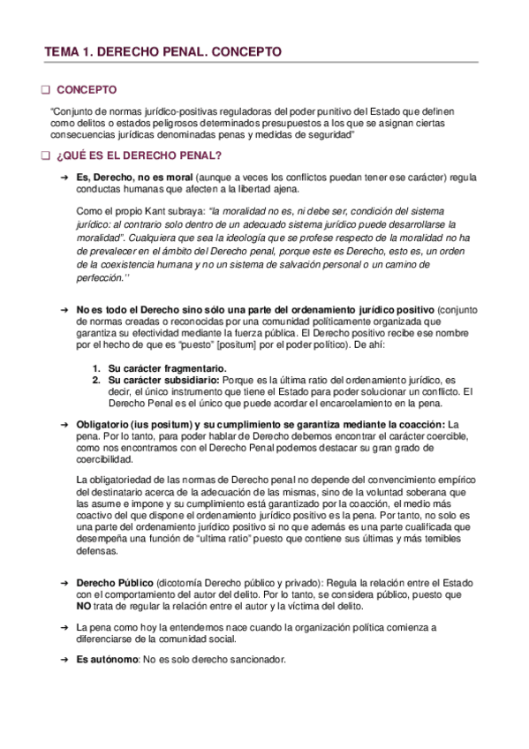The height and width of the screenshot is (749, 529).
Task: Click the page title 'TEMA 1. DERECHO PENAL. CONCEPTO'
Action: [163, 52]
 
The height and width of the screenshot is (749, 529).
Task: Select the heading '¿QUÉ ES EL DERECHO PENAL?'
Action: [138, 157]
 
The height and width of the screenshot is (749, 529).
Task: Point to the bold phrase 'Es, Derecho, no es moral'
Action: [129, 178]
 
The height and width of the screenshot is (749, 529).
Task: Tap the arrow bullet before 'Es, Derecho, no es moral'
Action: [64, 178]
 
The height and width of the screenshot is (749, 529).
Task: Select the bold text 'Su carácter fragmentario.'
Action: [155, 367]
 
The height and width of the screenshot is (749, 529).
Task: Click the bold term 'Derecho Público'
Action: [114, 585]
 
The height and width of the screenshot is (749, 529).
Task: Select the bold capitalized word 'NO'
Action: [84, 608]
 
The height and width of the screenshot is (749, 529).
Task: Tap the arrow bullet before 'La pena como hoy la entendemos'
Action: [64, 626]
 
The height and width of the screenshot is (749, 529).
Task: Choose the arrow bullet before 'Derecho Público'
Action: [64, 585]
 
